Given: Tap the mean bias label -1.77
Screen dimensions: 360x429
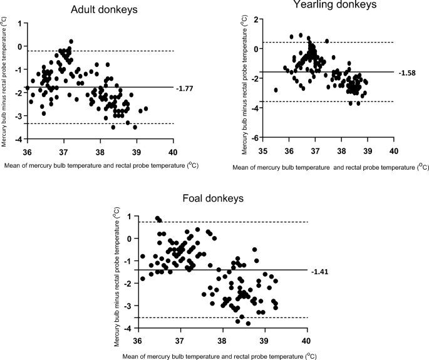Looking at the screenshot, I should click(186, 88).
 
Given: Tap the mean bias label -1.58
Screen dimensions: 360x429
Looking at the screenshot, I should click(406, 72).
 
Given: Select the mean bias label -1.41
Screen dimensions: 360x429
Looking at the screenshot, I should click(320, 271).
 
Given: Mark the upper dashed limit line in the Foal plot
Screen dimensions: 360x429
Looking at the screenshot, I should click(219, 222).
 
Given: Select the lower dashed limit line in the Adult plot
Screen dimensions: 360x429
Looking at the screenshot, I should click(94, 124).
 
